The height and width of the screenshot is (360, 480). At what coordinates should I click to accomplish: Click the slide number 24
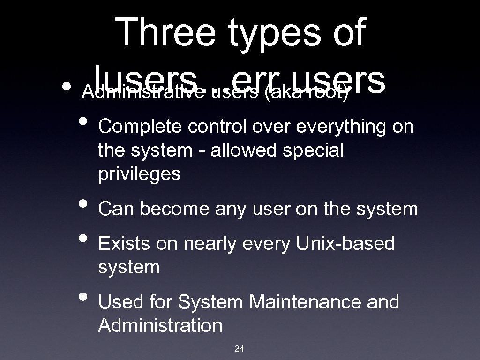click(240, 348)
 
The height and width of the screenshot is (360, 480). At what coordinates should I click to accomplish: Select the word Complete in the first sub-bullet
click(136, 127)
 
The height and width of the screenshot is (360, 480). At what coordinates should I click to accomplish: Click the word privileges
click(139, 174)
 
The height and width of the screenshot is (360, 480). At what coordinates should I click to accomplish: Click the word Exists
click(125, 244)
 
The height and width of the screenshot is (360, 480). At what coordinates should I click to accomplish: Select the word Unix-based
click(345, 244)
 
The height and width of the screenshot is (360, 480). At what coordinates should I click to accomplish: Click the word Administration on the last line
click(160, 325)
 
